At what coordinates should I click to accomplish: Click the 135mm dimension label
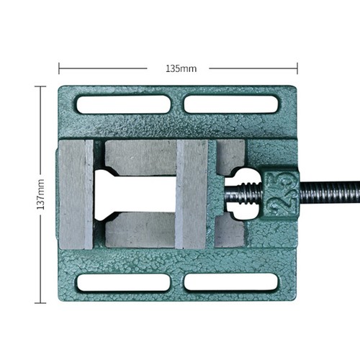coord(181,69)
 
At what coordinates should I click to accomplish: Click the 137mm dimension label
coord(40,194)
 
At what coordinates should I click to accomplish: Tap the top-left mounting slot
coord(124,104)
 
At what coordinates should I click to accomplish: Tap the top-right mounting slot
coord(231,104)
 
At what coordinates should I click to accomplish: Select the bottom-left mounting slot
coord(124,282)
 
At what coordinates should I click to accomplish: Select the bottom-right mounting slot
coord(231,282)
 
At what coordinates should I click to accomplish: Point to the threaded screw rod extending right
coord(330,194)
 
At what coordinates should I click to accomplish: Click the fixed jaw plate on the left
coord(76,194)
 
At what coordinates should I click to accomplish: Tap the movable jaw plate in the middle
coord(192,194)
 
